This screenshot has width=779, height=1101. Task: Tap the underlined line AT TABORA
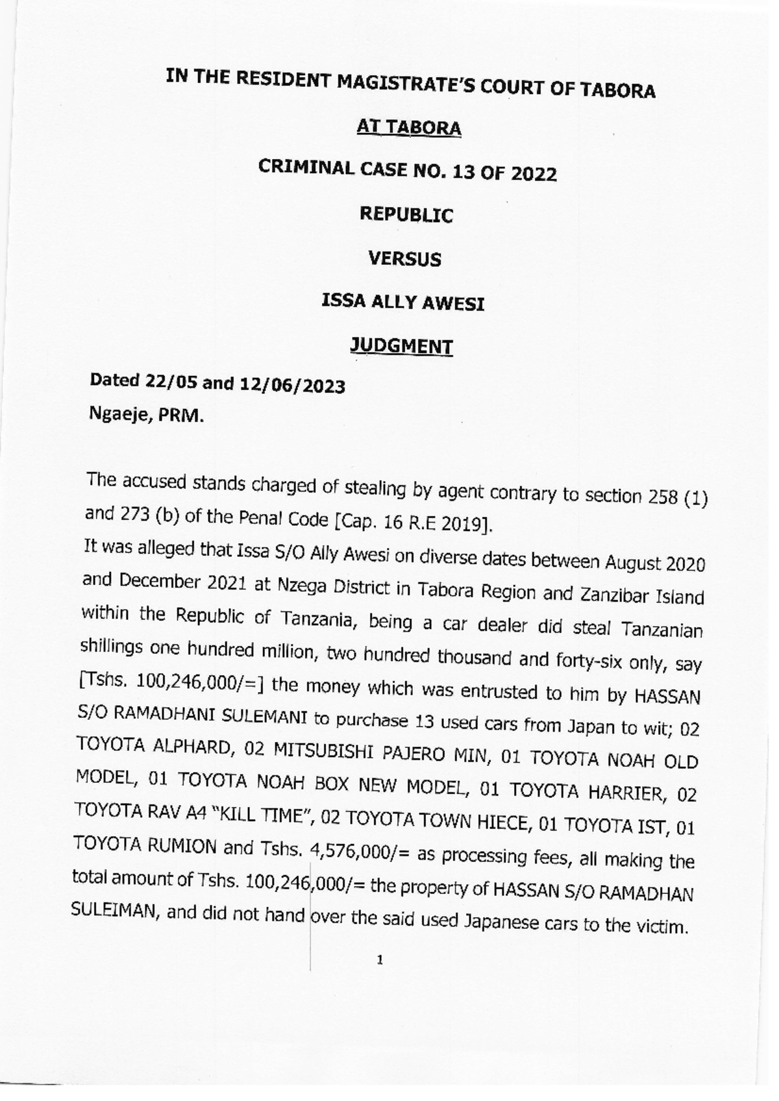409,127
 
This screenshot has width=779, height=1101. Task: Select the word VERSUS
404,259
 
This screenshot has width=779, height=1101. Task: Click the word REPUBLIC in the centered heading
406,214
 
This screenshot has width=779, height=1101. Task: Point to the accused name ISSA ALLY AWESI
403,303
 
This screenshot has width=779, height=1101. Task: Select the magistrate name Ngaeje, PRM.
146,414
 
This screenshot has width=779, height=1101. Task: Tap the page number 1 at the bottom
380,959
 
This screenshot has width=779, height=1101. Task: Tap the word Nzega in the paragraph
303,586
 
